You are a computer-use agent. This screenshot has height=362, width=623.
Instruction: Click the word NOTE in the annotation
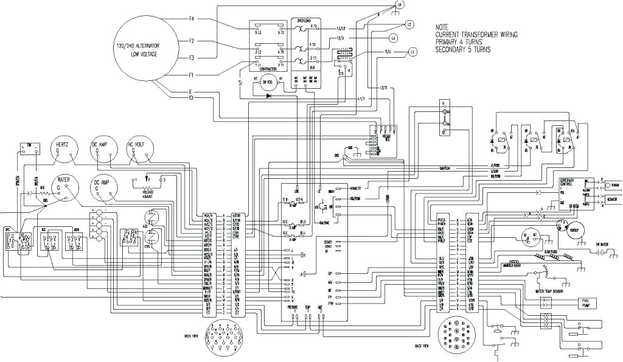tap(442, 27)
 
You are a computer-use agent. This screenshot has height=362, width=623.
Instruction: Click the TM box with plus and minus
tap(28, 148)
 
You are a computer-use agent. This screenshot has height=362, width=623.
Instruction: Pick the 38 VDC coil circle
tap(268, 86)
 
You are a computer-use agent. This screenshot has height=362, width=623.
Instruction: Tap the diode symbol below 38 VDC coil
tap(268, 96)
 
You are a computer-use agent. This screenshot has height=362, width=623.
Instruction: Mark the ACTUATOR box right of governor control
tap(611, 198)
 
